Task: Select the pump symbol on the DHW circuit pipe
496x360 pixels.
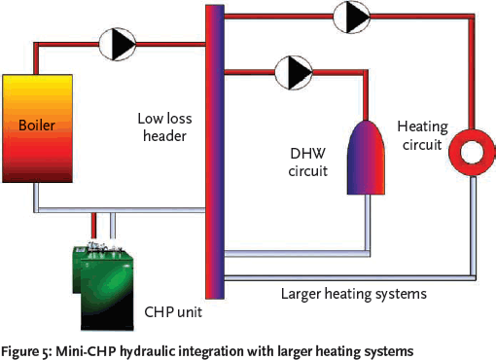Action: pos(291,70)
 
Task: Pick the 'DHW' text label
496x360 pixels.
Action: pos(304,153)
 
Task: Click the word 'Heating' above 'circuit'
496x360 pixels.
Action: pos(420,126)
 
